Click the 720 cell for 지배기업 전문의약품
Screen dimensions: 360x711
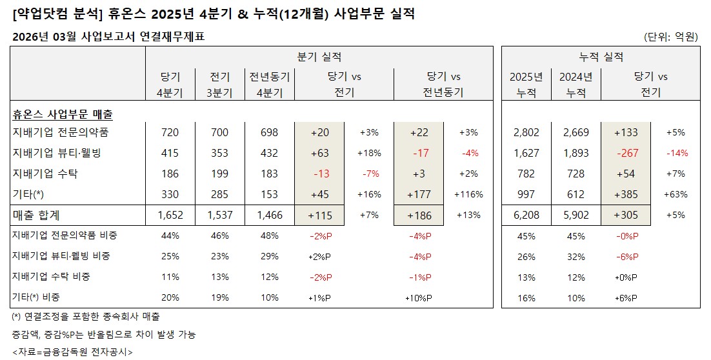pos(170,133)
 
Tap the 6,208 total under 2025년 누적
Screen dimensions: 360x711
pos(526,215)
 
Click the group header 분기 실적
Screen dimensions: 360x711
pos(319,57)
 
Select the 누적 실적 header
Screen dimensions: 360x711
pos(601,57)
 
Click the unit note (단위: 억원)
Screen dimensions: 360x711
pos(671,37)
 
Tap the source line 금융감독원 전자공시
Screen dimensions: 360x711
pos(72,352)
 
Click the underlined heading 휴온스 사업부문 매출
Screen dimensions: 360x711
pos(62,115)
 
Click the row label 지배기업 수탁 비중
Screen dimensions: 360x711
pos(51,276)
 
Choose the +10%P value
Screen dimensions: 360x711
pos(418,297)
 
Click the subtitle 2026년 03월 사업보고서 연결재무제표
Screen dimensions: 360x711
pos(108,37)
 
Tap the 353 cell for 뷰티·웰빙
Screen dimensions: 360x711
pos(219,154)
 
